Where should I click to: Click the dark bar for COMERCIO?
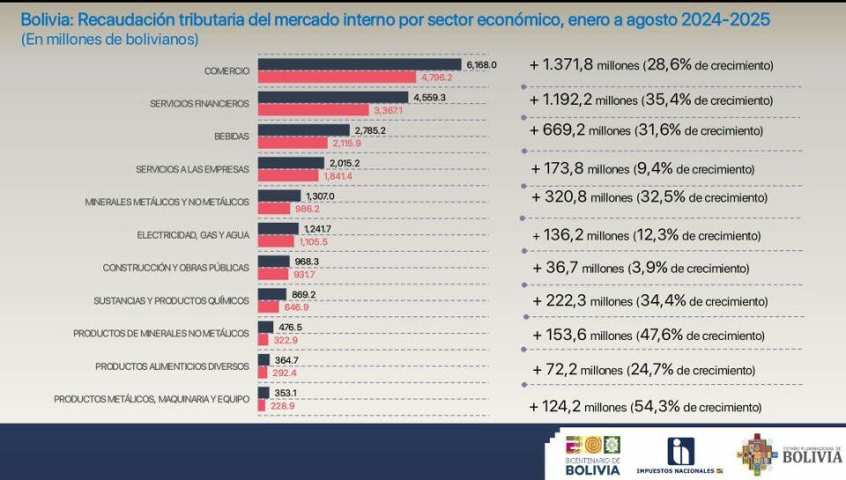pyautogui.click(x=360, y=64)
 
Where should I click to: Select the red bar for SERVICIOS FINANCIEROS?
pyautogui.click(x=313, y=110)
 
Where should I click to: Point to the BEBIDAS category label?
pyautogui.click(x=232, y=137)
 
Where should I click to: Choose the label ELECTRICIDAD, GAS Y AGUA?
pyautogui.click(x=193, y=235)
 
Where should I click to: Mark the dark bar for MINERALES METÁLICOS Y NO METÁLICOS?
pyautogui.click(x=279, y=196)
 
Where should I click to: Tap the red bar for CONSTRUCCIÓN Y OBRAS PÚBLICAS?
pyautogui.click(x=274, y=275)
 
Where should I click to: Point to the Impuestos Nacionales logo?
pyautogui.click(x=679, y=455)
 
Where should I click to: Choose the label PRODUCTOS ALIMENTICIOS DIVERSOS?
pyautogui.click(x=173, y=366)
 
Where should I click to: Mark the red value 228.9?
pyautogui.click(x=282, y=405)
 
